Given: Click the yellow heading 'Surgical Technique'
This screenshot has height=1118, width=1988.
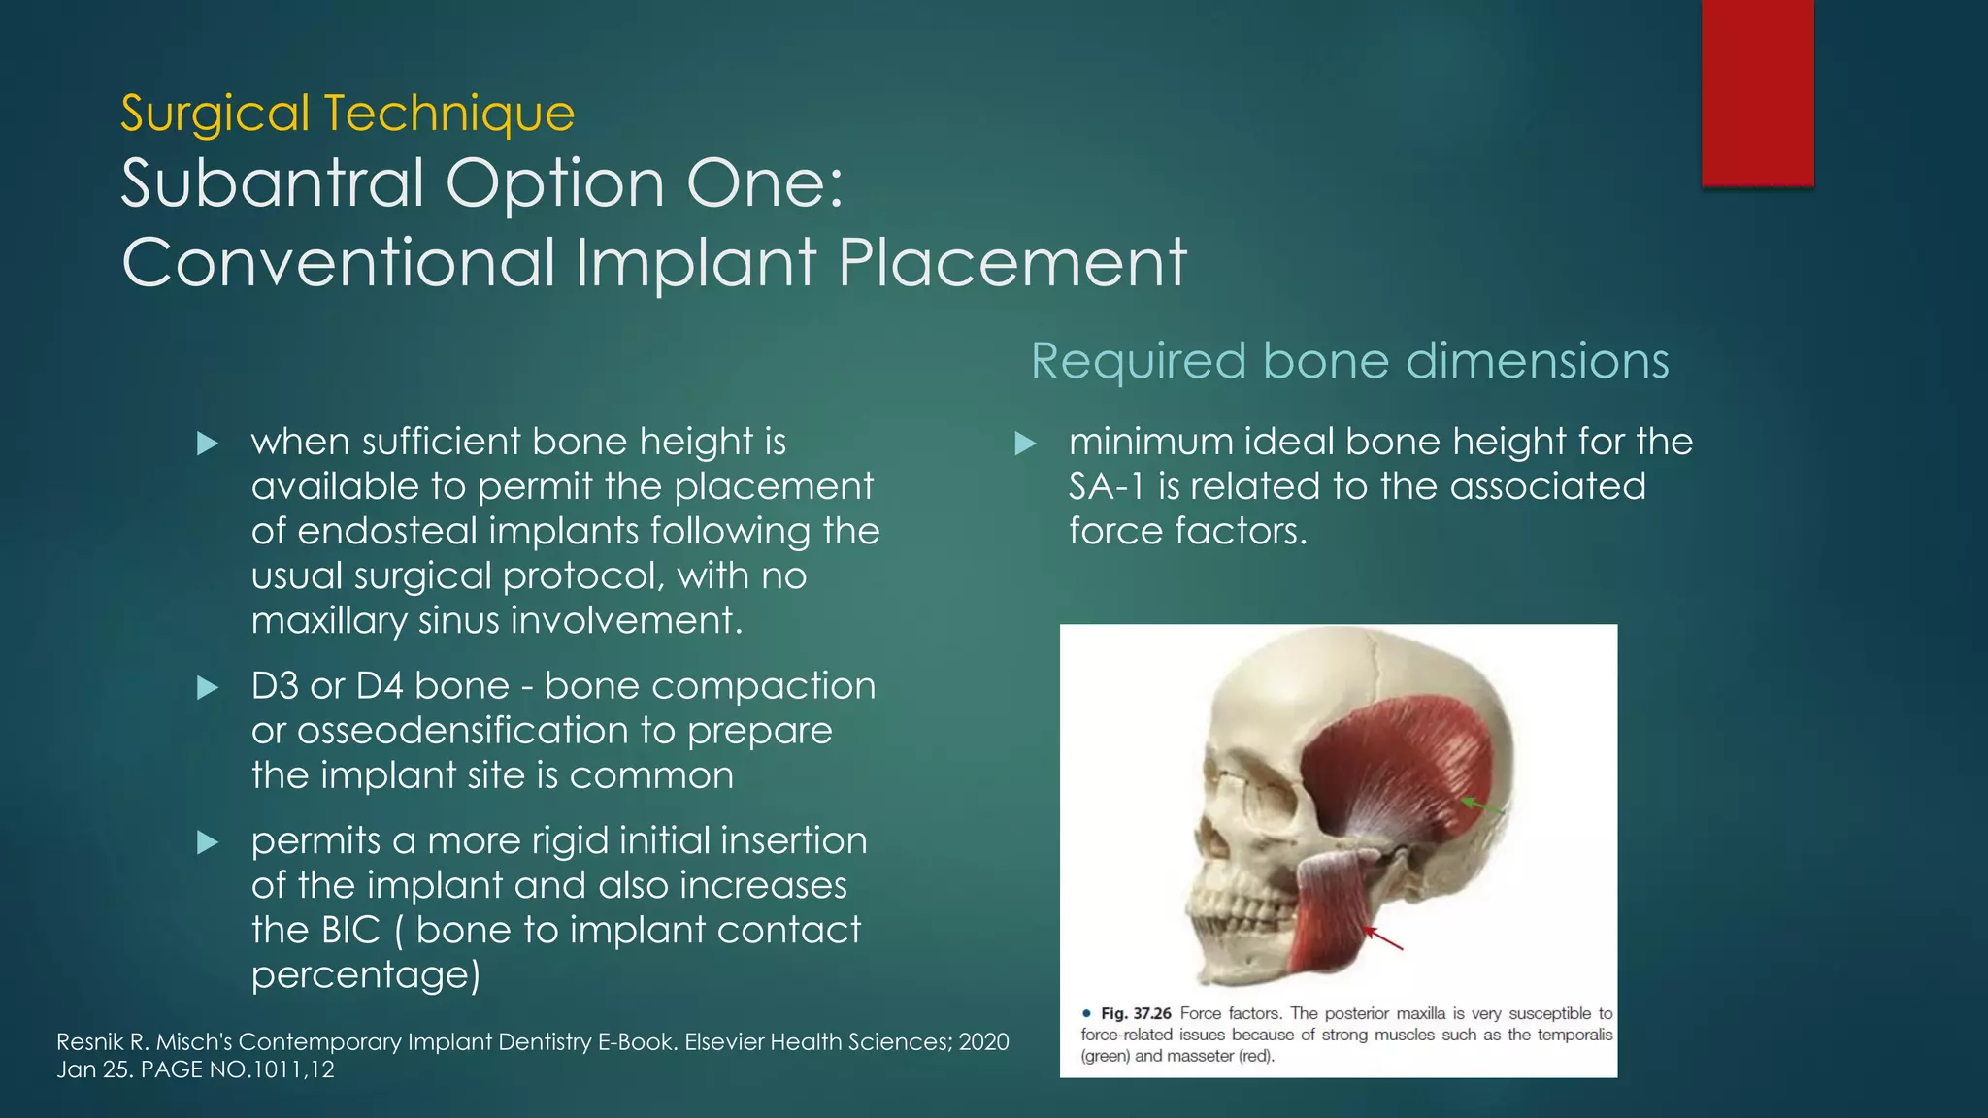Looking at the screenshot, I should (x=348, y=114).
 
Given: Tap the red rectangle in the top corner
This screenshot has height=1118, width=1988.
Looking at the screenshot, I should (x=1757, y=92).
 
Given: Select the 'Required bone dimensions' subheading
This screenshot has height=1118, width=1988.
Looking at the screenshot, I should (x=1349, y=361).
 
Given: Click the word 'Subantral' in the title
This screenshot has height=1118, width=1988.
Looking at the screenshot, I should (x=273, y=183).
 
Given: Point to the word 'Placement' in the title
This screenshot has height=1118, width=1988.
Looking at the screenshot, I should (x=1011, y=263).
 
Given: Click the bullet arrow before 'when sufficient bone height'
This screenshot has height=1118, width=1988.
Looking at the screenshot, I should (x=208, y=444).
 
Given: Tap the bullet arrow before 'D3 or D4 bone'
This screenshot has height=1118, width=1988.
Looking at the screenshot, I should (x=208, y=688).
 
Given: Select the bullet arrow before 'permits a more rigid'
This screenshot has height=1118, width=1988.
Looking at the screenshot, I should (x=208, y=842).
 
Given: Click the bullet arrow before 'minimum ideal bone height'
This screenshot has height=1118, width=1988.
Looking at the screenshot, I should (x=1025, y=444).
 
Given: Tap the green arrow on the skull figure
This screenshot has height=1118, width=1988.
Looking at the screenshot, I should (x=1481, y=806).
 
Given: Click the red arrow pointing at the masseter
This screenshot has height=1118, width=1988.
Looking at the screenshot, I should (x=1383, y=937).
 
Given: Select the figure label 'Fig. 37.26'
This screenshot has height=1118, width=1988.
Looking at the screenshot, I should (x=1136, y=1014).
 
